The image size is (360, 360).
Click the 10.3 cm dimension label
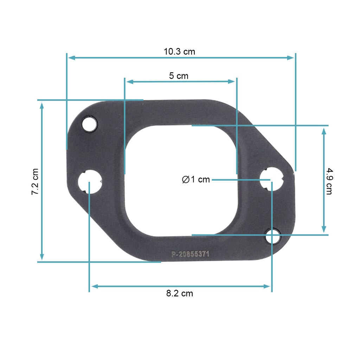coord(179,52)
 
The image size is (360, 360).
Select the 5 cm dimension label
coord(179,76)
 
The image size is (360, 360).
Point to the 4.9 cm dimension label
coord(329,181)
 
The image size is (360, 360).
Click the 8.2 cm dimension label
coord(180,294)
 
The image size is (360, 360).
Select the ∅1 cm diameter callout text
coord(196,180)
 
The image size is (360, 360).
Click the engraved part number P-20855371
coord(190,254)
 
